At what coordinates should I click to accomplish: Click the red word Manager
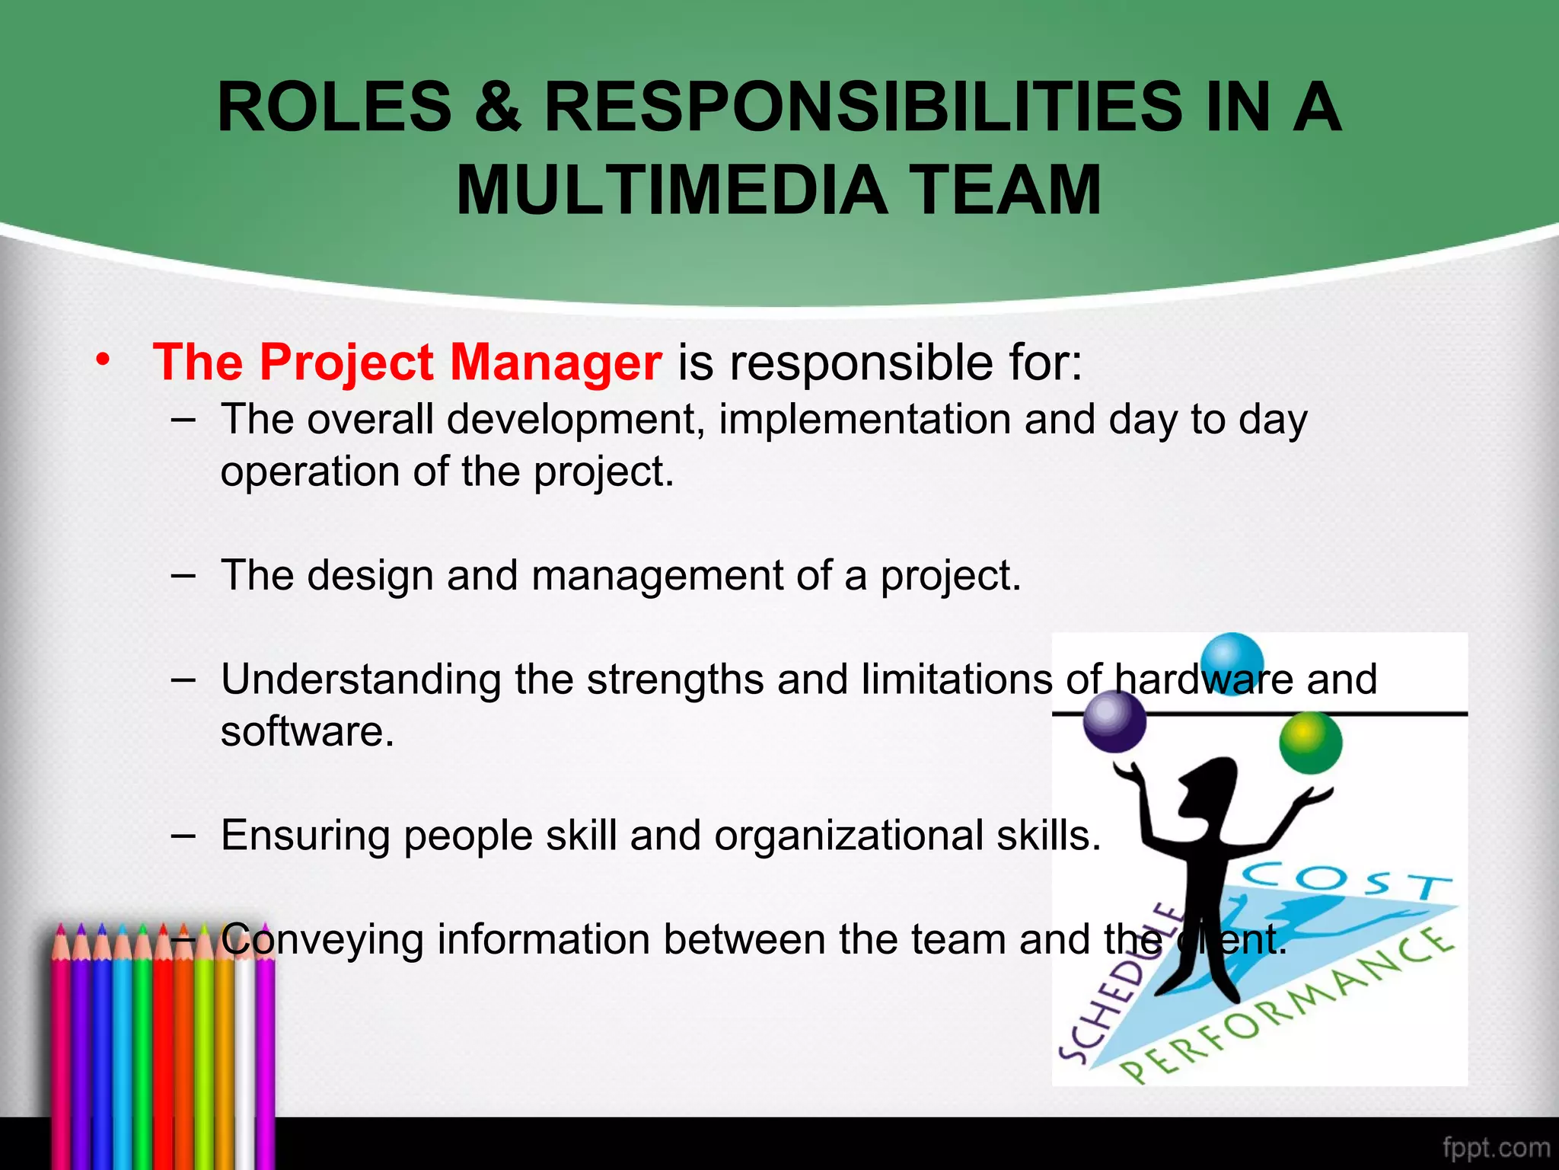(556, 362)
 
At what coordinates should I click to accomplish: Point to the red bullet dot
(103, 359)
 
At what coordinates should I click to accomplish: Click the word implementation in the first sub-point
(864, 420)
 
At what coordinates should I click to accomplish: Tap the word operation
(309, 472)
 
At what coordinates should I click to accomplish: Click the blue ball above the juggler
(1232, 661)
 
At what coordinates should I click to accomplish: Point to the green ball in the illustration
(1310, 742)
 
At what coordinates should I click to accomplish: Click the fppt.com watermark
(1495, 1147)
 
